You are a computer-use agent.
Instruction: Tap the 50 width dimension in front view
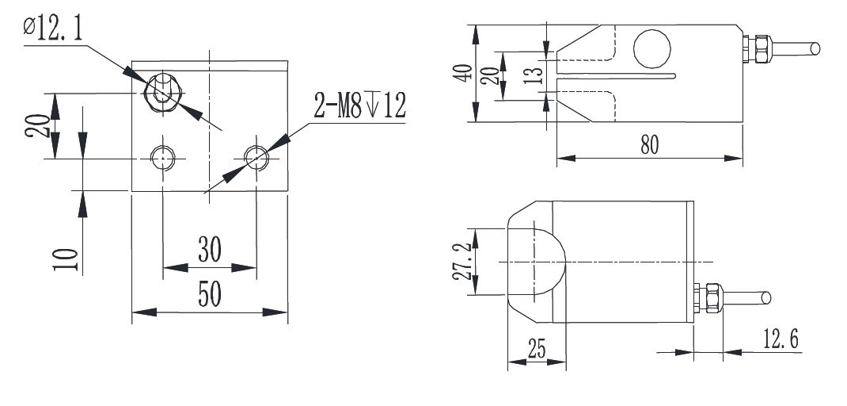(x=209, y=294)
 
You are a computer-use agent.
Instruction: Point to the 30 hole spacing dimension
(x=209, y=250)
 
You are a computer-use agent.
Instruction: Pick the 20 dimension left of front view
(x=36, y=124)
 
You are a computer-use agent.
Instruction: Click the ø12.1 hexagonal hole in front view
(x=161, y=92)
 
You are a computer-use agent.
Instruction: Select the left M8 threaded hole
(x=162, y=158)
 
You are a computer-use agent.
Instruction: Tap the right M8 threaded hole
(x=256, y=158)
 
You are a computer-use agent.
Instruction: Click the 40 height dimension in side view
(x=467, y=72)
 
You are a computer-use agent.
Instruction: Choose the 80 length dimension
(x=649, y=144)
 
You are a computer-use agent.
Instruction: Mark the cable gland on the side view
(x=759, y=48)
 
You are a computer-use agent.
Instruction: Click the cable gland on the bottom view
(x=709, y=298)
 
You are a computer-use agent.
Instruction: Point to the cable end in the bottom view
(x=765, y=299)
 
